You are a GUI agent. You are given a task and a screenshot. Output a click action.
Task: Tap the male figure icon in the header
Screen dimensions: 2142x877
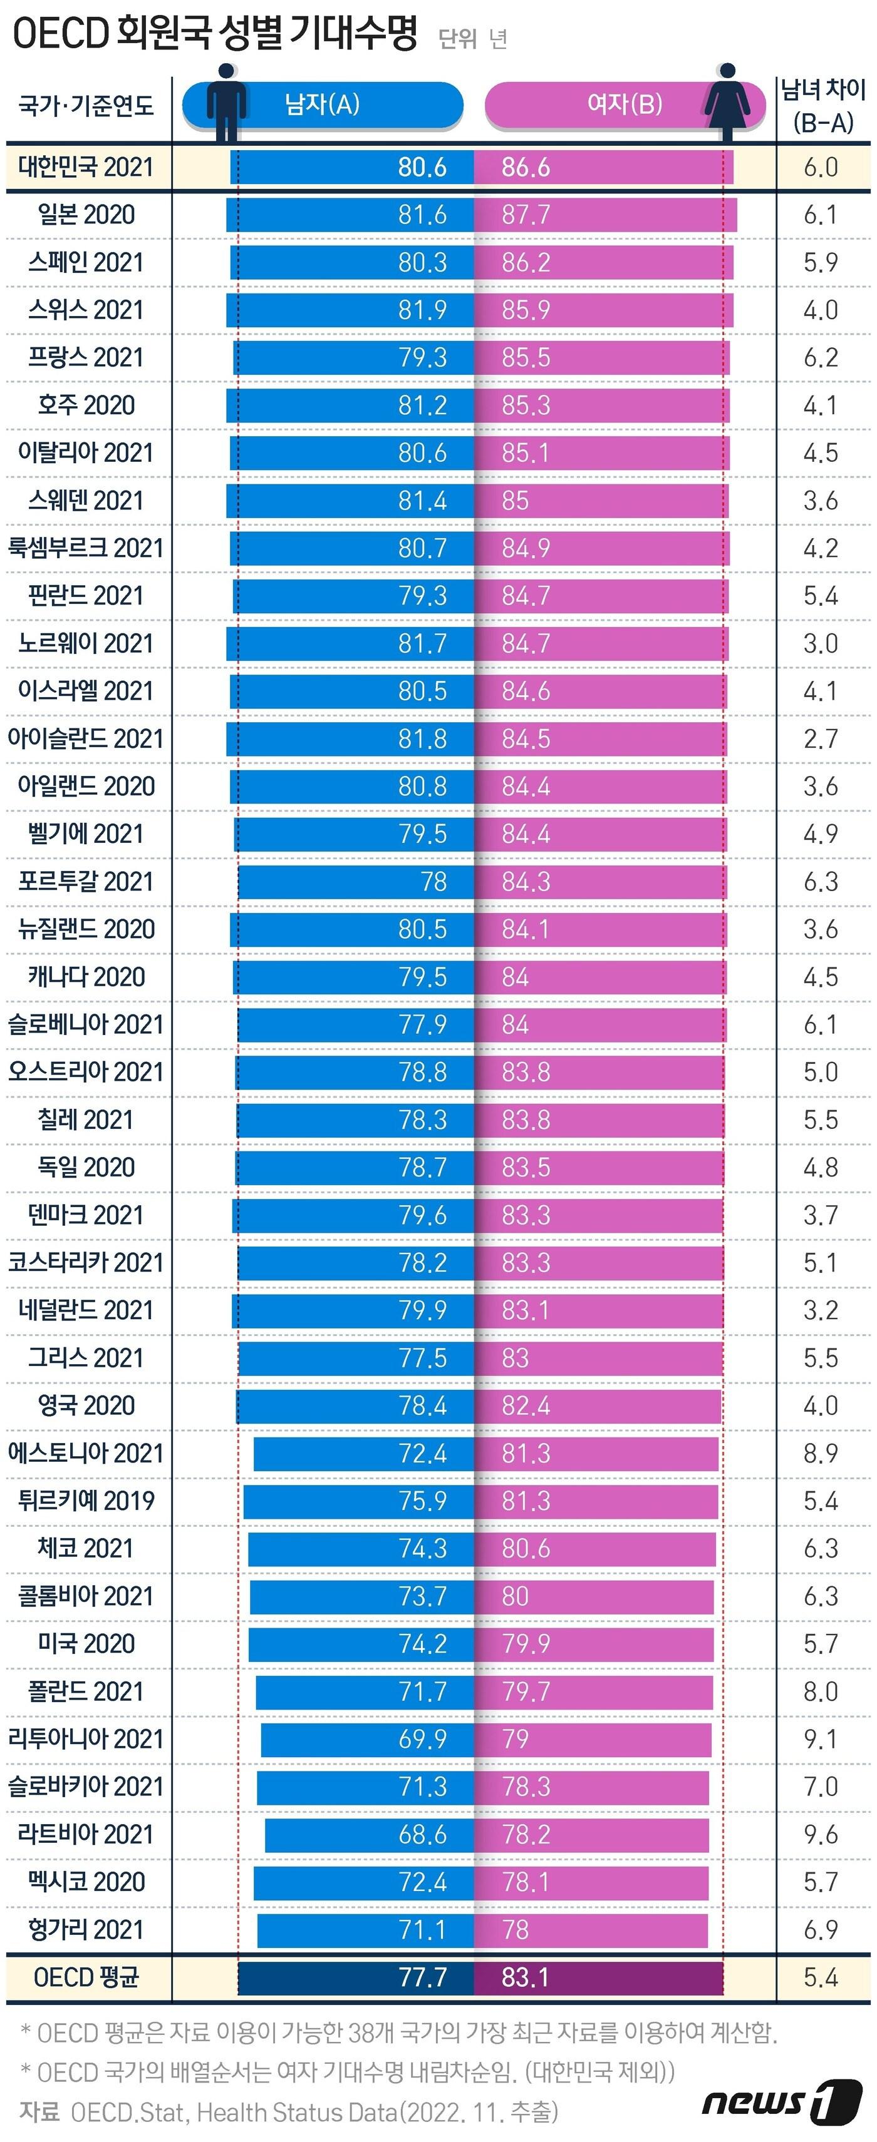[x=226, y=101]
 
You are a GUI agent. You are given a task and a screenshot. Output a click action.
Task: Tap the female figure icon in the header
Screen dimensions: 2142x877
[x=727, y=101]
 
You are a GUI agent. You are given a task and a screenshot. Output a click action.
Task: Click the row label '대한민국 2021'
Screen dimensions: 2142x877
[x=86, y=166]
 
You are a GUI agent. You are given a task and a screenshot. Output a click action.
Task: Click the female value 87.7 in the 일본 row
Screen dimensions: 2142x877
[x=525, y=215]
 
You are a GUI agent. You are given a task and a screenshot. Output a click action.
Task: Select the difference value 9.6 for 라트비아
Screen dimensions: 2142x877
[x=821, y=1833]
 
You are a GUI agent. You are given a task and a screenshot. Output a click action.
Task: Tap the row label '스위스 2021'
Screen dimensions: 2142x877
[x=86, y=309]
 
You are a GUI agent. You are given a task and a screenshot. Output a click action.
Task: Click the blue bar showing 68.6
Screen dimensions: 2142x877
[x=370, y=1833]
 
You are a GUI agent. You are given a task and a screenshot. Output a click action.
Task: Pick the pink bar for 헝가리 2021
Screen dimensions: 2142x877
[x=591, y=1929]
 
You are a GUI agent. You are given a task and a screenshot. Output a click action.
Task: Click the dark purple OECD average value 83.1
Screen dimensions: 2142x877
[x=525, y=1977]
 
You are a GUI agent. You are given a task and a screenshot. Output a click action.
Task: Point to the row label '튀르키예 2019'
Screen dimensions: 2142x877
[x=86, y=1500]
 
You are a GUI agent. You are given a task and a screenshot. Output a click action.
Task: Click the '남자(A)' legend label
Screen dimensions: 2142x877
[x=322, y=104]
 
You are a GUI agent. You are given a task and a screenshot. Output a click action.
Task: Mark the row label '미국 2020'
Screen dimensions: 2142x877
[x=86, y=1643]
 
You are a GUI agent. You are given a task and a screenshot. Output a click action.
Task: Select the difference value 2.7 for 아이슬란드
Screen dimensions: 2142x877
[x=821, y=738]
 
